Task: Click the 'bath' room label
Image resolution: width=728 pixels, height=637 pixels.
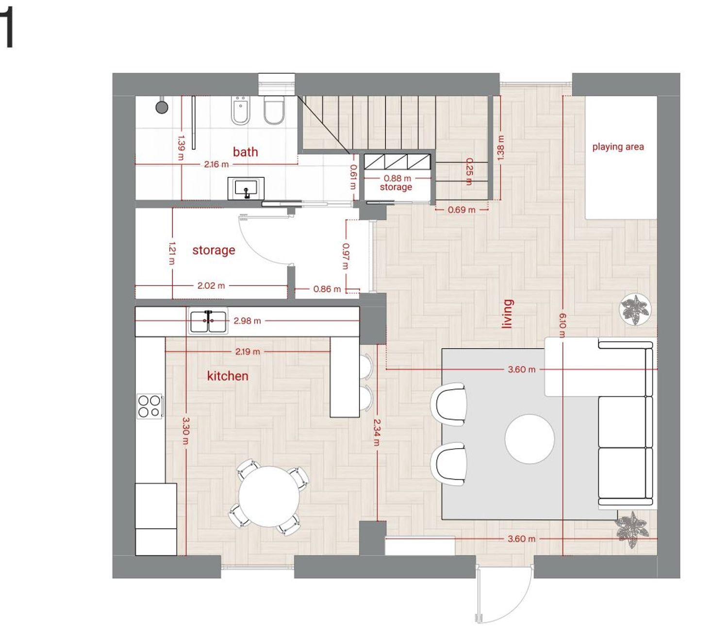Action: [245, 152]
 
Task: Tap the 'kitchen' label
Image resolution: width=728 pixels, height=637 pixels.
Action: [227, 376]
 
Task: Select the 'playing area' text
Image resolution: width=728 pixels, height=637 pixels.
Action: [618, 147]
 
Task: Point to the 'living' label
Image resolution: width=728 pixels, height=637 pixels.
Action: [508, 314]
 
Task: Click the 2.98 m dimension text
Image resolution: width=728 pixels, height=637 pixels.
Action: [247, 320]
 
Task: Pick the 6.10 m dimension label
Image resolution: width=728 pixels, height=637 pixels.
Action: [562, 325]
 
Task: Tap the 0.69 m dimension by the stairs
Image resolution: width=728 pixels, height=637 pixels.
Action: [462, 210]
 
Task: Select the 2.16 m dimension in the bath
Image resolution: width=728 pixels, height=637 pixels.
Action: [216, 165]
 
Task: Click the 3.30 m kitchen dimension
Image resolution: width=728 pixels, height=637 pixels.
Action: [185, 431]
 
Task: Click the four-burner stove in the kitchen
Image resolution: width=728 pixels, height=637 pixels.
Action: [150, 406]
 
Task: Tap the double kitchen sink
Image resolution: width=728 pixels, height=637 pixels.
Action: [208, 321]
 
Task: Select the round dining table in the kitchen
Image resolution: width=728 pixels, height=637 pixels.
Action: [269, 496]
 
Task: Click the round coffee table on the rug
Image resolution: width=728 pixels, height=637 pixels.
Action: [529, 439]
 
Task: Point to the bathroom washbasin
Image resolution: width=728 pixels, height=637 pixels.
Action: [246, 188]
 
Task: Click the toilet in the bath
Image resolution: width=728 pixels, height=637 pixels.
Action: [274, 110]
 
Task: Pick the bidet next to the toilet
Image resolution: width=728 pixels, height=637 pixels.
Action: [241, 110]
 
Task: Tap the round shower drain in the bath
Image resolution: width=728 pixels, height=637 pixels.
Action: [162, 107]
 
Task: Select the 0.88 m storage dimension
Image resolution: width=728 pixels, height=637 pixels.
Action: [397, 178]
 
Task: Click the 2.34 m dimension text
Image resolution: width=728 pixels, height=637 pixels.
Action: [377, 433]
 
